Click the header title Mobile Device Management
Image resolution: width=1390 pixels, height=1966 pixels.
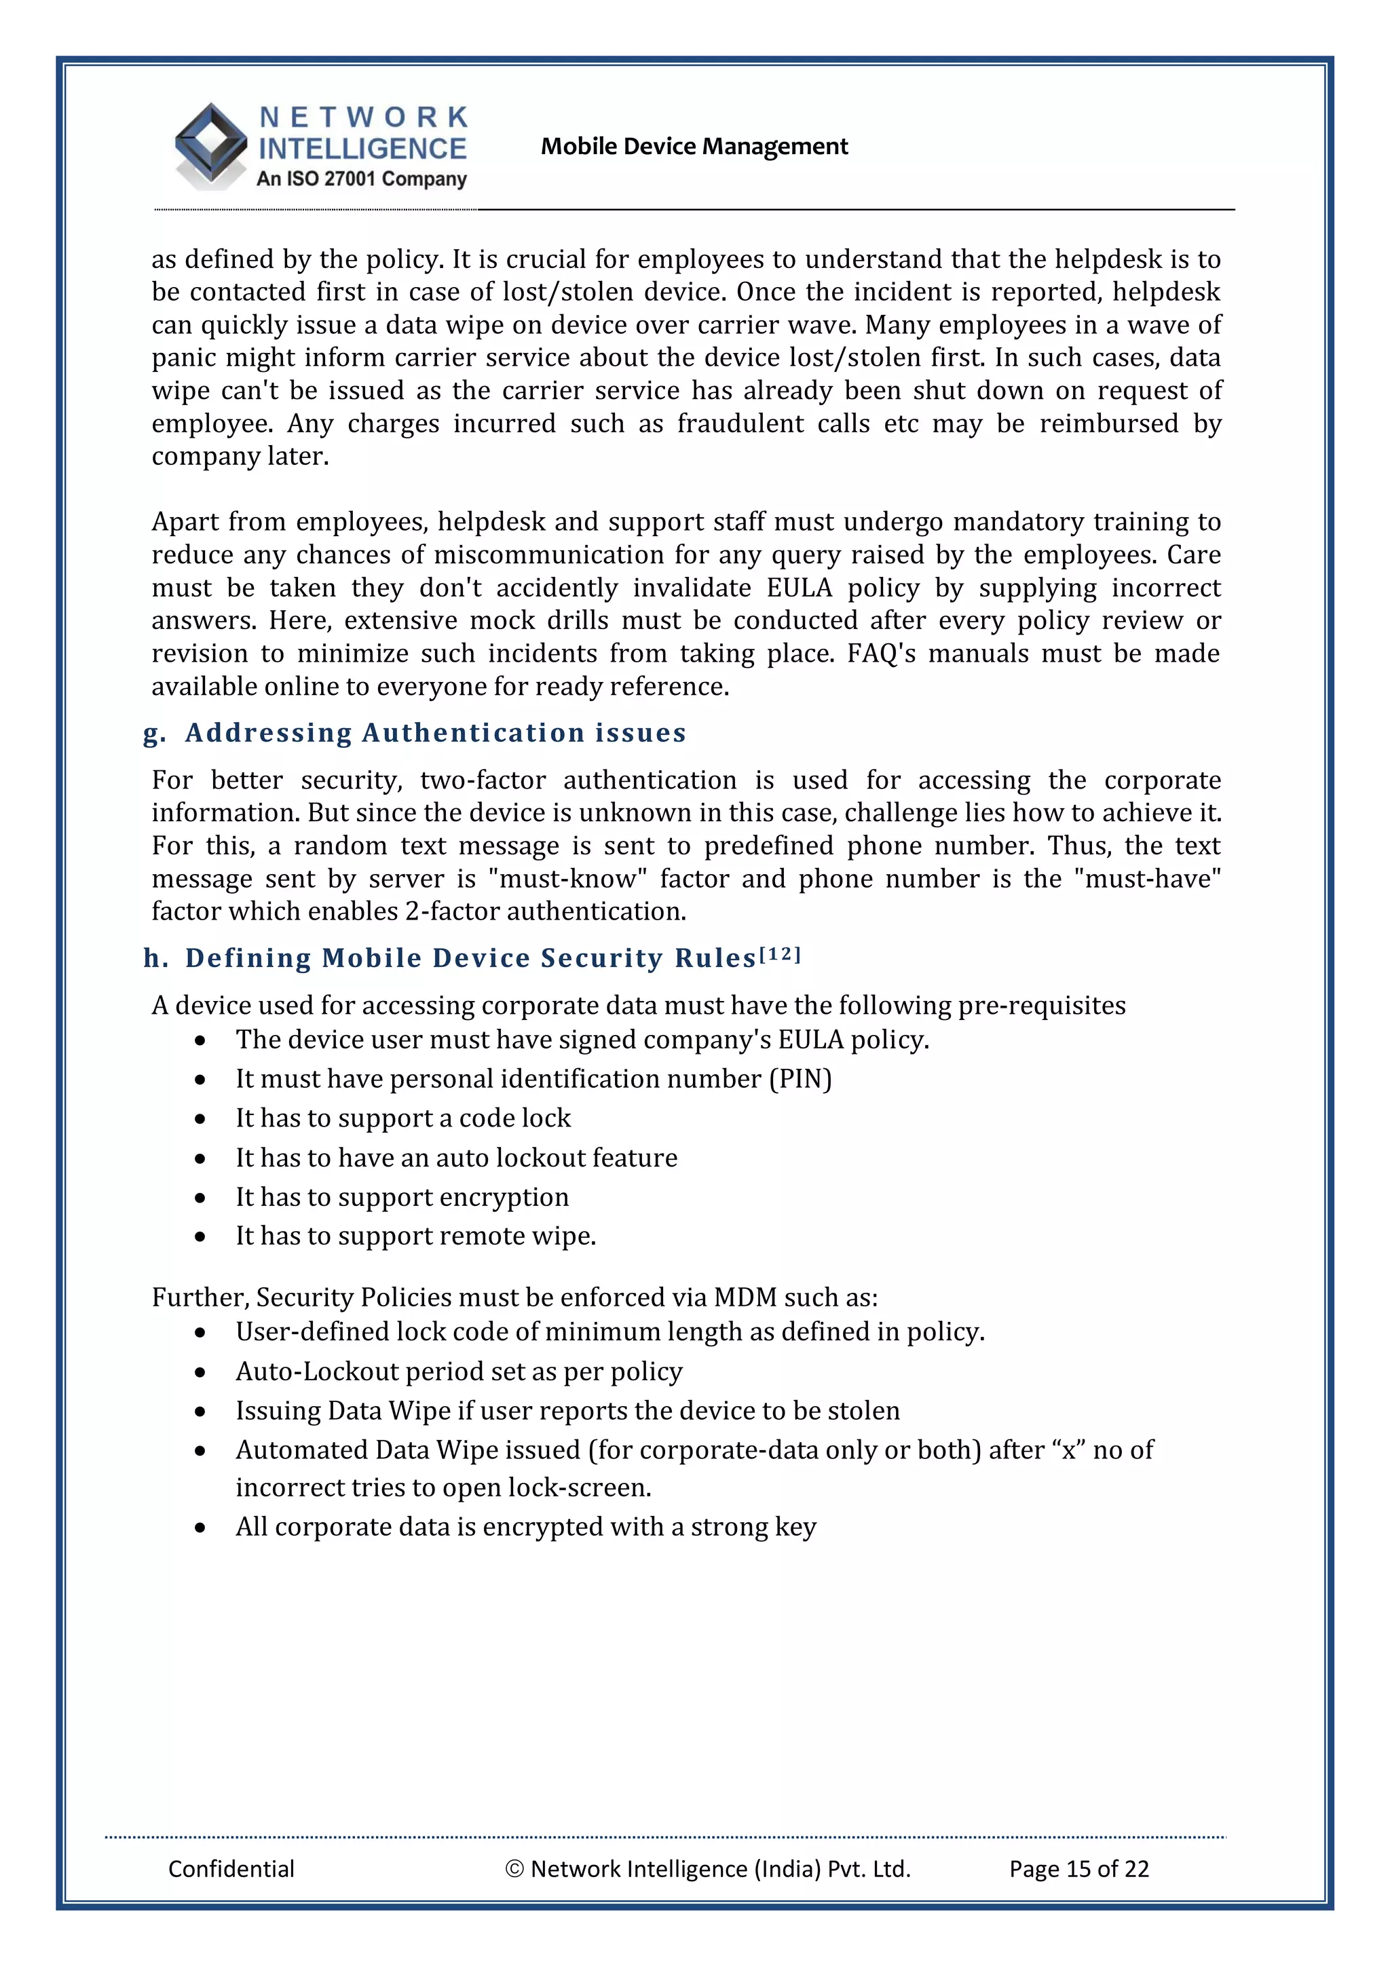click(694, 147)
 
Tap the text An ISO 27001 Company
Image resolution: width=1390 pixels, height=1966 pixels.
click(362, 179)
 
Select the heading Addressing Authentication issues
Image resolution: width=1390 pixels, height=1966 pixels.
click(435, 733)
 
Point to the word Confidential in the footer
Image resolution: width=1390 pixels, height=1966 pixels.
click(231, 1868)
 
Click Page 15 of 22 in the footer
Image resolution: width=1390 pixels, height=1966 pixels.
click(1078, 1868)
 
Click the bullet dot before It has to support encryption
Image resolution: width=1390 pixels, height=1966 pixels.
click(200, 1198)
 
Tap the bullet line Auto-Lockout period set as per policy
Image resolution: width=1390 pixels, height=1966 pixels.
click(459, 1372)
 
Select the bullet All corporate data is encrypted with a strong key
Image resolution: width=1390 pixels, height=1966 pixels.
click(526, 1527)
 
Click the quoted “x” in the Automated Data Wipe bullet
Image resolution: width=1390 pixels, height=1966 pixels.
click(1068, 1450)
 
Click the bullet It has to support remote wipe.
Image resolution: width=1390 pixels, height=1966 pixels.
click(415, 1236)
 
